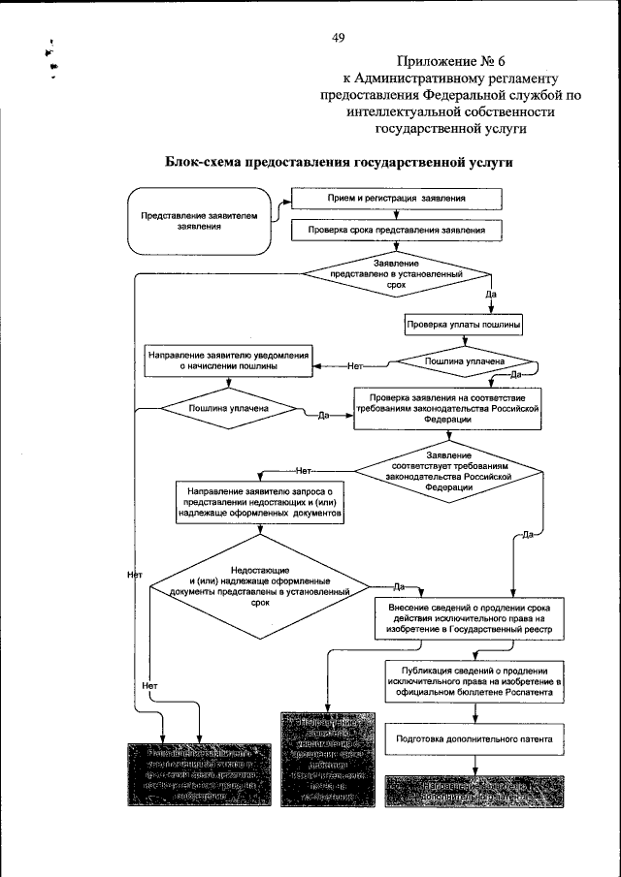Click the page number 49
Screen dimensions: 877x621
pyautogui.click(x=338, y=38)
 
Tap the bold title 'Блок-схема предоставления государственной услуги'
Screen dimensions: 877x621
pyautogui.click(x=337, y=163)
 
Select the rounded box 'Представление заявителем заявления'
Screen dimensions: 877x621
pyautogui.click(x=198, y=222)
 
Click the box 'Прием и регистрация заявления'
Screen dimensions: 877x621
pyautogui.click(x=396, y=199)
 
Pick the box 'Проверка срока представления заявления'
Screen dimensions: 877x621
pyautogui.click(x=396, y=231)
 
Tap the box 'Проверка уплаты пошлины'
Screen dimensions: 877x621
pyautogui.click(x=464, y=325)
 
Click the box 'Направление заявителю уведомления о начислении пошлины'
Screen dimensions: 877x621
pyautogui.click(x=229, y=361)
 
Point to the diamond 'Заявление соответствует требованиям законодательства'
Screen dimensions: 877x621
pyautogui.click(x=447, y=471)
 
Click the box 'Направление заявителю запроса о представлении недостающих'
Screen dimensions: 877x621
pyautogui.click(x=259, y=504)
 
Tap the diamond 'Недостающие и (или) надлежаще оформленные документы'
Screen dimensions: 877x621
pyautogui.click(x=259, y=587)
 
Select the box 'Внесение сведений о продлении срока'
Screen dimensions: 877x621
pyautogui.click(x=470, y=617)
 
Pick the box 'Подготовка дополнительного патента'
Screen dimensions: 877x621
pyautogui.click(x=474, y=739)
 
